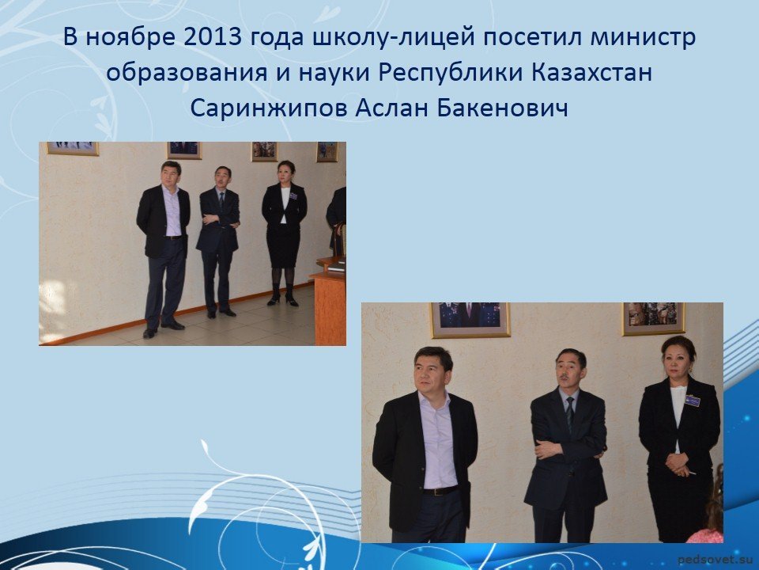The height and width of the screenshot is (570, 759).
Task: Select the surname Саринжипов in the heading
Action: coord(268,108)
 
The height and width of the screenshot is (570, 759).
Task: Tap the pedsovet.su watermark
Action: coord(716,560)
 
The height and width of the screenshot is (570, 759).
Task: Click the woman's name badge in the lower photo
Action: coord(693,401)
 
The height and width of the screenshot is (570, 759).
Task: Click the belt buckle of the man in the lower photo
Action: coord(439,492)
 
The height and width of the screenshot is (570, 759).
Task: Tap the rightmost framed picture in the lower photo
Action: coord(654,318)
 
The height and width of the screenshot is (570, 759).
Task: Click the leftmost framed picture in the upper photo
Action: coord(73,148)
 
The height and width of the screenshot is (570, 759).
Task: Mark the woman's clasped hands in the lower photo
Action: coord(677,463)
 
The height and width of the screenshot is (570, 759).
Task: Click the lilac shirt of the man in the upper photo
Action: coord(173,212)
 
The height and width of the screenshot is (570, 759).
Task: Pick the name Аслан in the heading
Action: coord(391,108)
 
